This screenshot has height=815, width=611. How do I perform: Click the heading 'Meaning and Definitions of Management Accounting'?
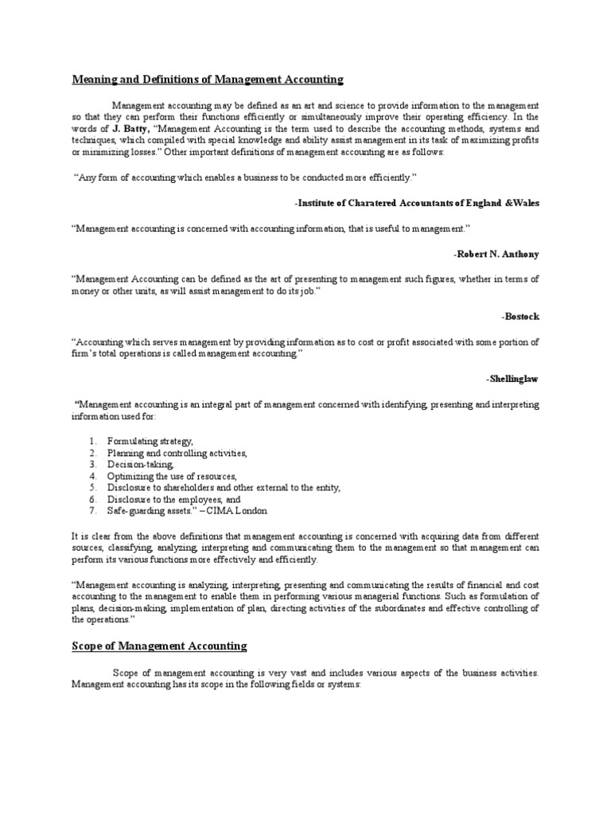[x=208, y=80]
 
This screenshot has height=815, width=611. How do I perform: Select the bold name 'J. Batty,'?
[x=125, y=128]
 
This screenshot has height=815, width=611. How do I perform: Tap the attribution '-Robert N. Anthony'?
[x=496, y=255]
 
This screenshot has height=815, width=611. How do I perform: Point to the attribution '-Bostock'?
[x=520, y=316]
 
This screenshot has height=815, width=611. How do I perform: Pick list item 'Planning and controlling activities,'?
[x=177, y=453]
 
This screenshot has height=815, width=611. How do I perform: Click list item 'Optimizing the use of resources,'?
[x=173, y=476]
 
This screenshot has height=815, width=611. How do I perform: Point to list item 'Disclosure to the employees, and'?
[x=173, y=499]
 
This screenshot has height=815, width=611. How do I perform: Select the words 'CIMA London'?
[x=238, y=510]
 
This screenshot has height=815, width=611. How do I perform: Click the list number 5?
[x=92, y=487]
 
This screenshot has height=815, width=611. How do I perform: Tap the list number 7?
[x=92, y=510]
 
